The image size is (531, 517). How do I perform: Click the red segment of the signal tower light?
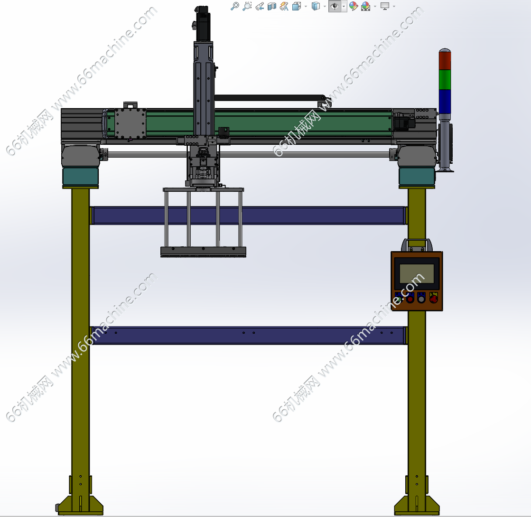pyautogui.click(x=445, y=61)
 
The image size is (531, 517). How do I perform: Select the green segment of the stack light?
pyautogui.click(x=445, y=80)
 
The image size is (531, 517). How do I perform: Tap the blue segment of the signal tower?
pyautogui.click(x=445, y=101)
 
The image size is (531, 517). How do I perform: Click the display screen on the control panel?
pyautogui.click(x=417, y=273)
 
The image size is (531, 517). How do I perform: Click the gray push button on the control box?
pyautogui.click(x=421, y=299)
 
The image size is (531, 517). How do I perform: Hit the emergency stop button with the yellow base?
pyautogui.click(x=433, y=298)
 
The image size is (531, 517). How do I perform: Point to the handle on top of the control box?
pyautogui.click(x=417, y=244)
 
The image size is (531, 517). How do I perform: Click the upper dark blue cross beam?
pyautogui.click(x=249, y=216)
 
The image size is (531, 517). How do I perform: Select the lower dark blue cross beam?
pyautogui.click(x=249, y=335)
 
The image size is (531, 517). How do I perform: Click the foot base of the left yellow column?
pyautogui.click(x=80, y=505)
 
